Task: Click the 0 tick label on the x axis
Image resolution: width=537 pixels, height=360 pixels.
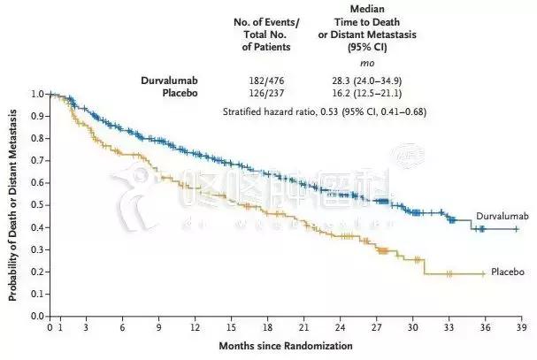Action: tap(50, 327)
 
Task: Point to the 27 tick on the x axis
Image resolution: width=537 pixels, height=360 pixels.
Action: tap(375, 327)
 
